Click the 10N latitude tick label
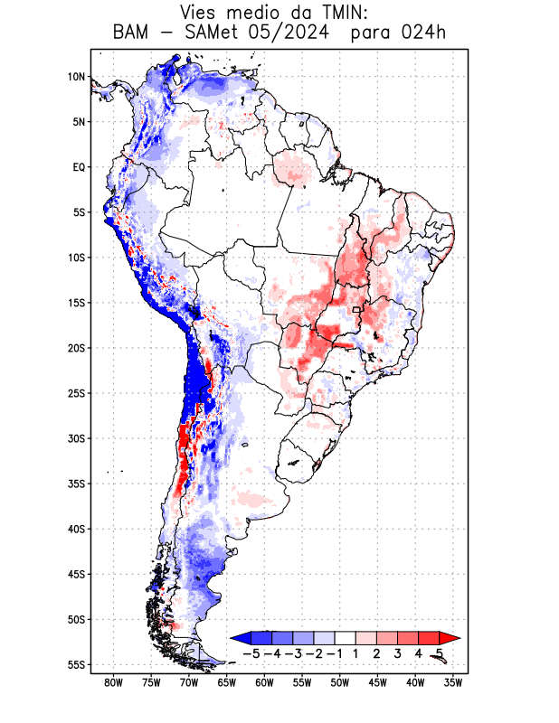pos(76,77)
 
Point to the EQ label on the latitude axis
pos(78,167)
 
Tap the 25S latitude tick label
pos(76,393)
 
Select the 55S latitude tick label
pos(76,664)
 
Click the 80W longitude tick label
pos(113,682)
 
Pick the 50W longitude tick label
pos(340,682)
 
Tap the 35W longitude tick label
pos(454,682)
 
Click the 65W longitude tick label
pos(227,682)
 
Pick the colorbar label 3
pos(398,653)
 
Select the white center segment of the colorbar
pos(346,638)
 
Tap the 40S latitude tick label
pos(76,529)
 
